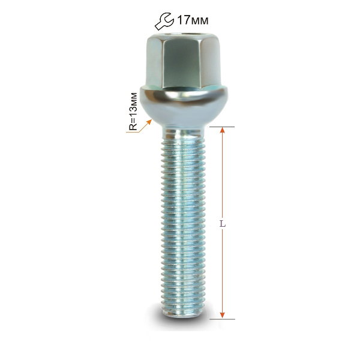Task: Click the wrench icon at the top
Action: (x=164, y=22)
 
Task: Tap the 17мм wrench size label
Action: (x=193, y=20)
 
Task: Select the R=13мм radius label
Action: (x=133, y=112)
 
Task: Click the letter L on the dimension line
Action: (x=223, y=224)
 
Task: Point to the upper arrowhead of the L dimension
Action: (x=222, y=130)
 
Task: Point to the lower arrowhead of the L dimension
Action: (x=222, y=316)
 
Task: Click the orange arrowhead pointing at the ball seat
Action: (x=149, y=122)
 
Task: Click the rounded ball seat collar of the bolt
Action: (x=184, y=105)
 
